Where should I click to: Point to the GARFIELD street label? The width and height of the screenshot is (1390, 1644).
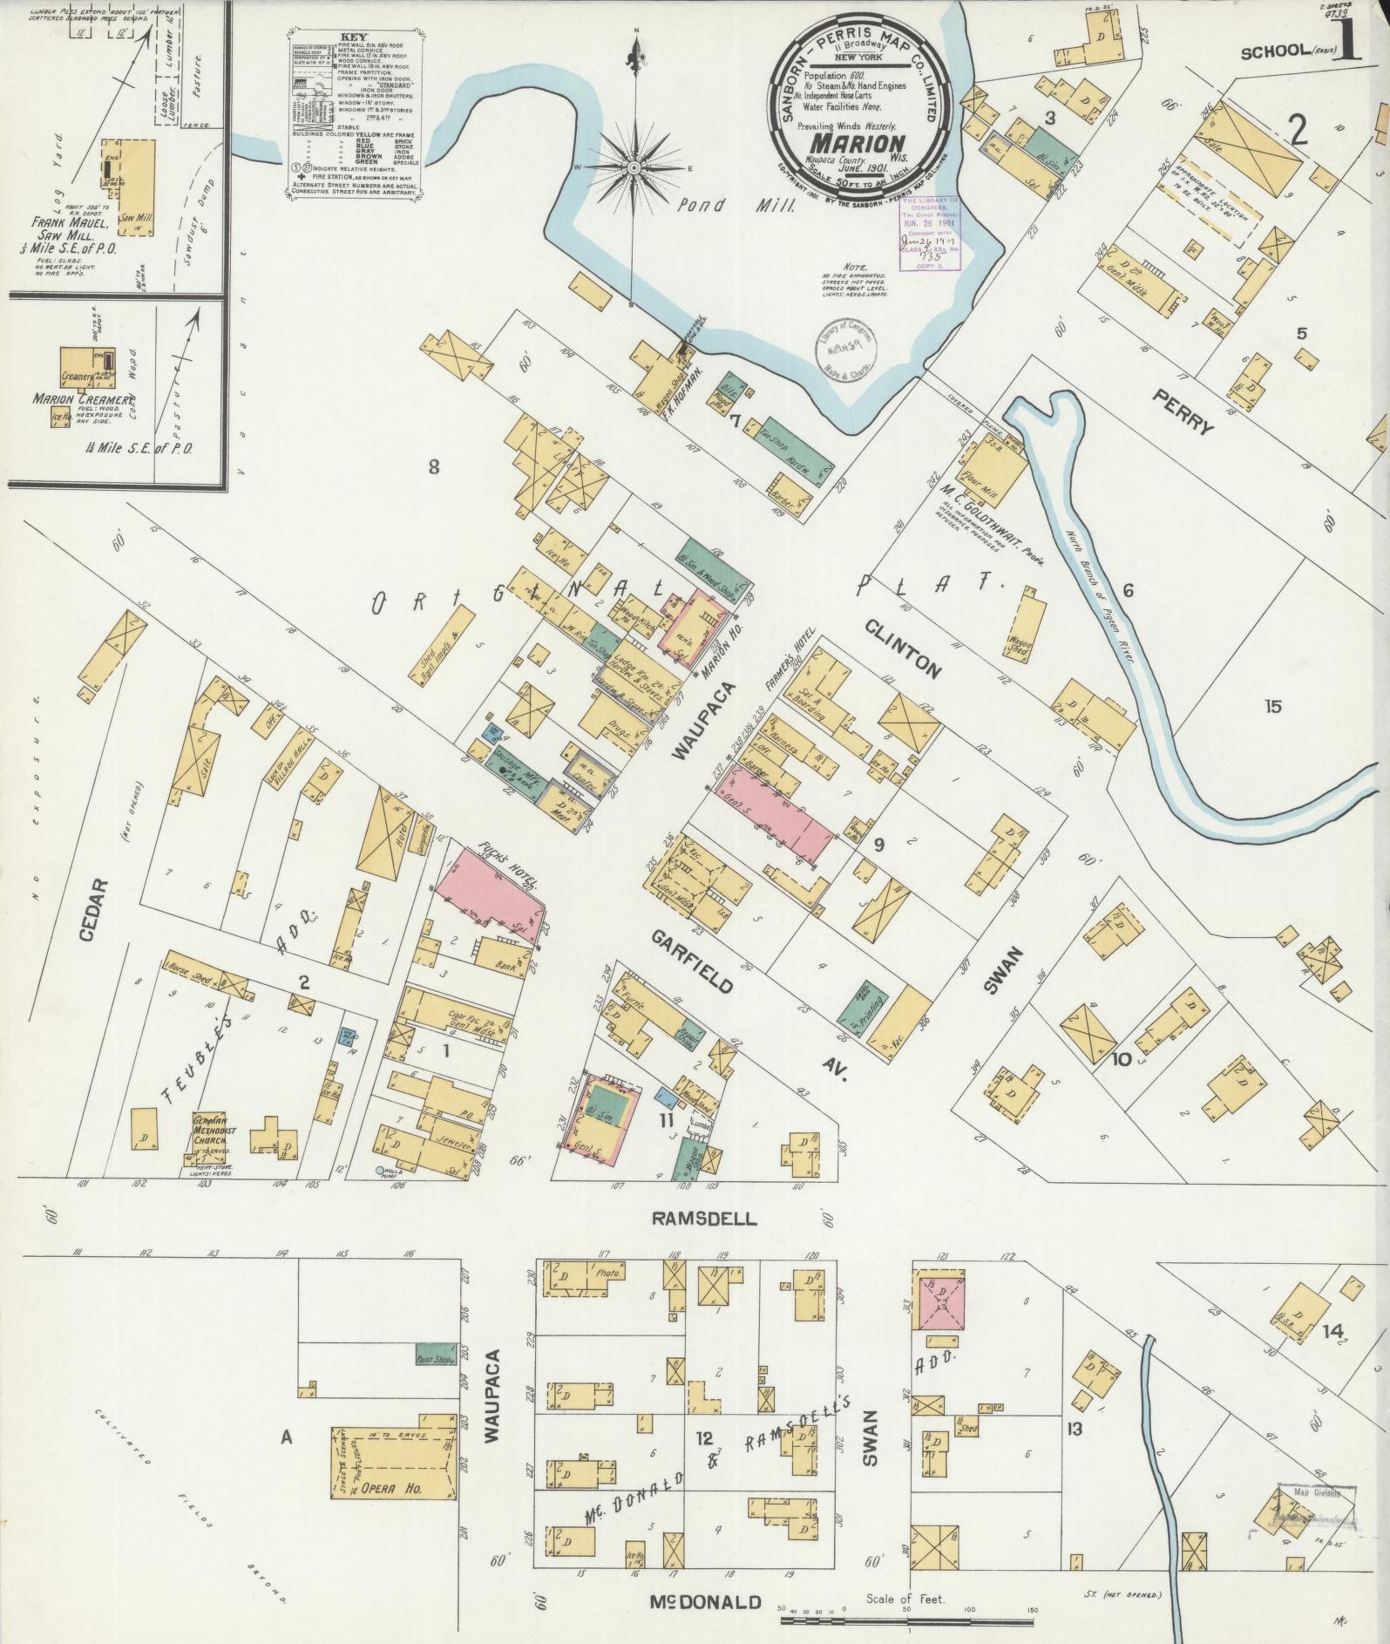coord(692,961)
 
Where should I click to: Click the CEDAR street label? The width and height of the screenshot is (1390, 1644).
coord(98,910)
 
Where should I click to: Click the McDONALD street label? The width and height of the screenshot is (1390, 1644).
coord(706,1602)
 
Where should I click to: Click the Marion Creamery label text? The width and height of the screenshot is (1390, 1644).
coord(76,399)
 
